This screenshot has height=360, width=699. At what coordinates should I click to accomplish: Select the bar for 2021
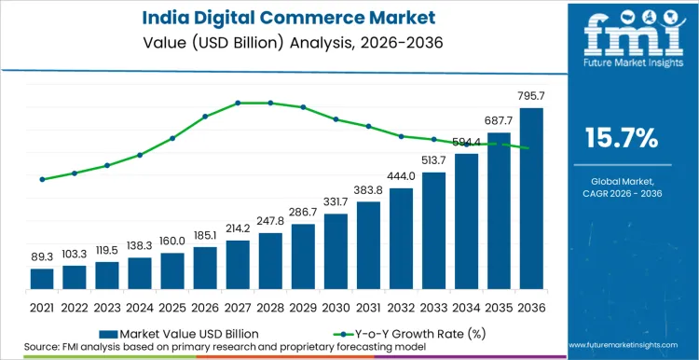[42, 279]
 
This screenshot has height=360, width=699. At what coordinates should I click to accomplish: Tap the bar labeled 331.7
[336, 252]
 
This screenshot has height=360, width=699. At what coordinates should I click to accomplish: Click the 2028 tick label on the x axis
[270, 307]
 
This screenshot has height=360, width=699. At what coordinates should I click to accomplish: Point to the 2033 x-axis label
[433, 307]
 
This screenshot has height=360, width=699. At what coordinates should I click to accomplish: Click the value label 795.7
[531, 96]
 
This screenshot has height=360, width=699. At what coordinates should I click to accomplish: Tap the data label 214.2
[238, 228]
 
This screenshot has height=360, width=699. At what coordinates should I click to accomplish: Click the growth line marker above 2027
[238, 103]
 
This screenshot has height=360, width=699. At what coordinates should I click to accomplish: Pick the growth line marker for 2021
[42, 179]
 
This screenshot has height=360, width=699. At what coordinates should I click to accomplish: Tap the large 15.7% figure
[621, 139]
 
